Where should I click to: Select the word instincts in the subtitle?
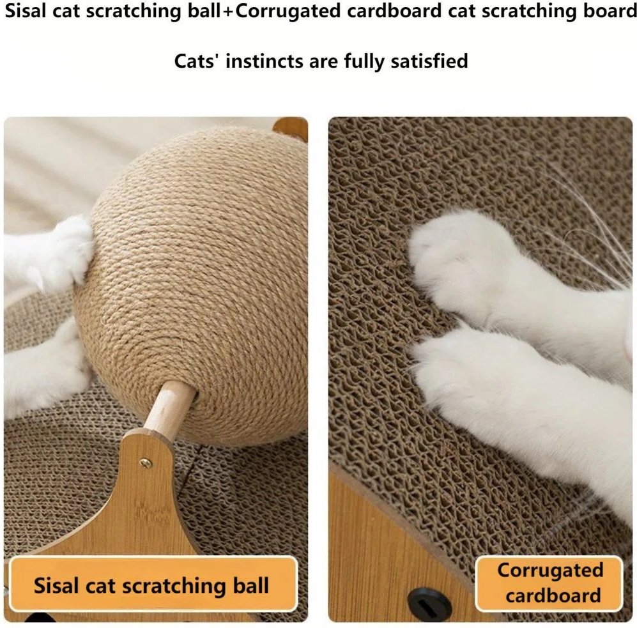point(265,61)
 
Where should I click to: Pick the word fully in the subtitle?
point(364,62)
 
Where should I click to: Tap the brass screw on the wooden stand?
point(145,463)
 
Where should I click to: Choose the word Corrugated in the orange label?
point(550,571)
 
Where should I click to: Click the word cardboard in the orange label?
point(553,595)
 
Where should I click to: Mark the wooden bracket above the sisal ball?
point(290,128)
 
